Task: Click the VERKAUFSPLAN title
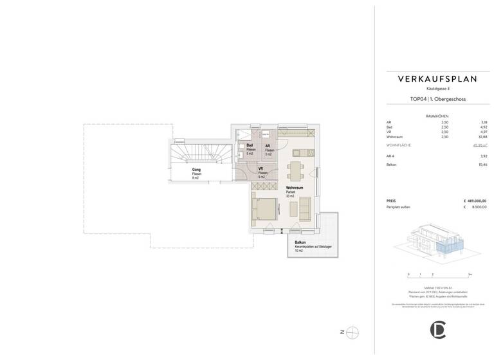[437, 79]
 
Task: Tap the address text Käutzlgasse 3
[437, 88]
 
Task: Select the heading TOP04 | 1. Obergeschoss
[437, 100]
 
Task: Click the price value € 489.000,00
[475, 201]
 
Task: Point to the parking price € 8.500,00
[477, 208]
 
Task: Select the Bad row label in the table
[389, 127]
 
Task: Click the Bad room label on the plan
[250, 147]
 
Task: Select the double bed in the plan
[264, 210]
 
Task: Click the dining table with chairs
[296, 172]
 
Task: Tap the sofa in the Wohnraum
[305, 208]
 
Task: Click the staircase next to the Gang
[194, 155]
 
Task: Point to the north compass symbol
[352, 332]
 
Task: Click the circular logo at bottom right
[437, 329]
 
